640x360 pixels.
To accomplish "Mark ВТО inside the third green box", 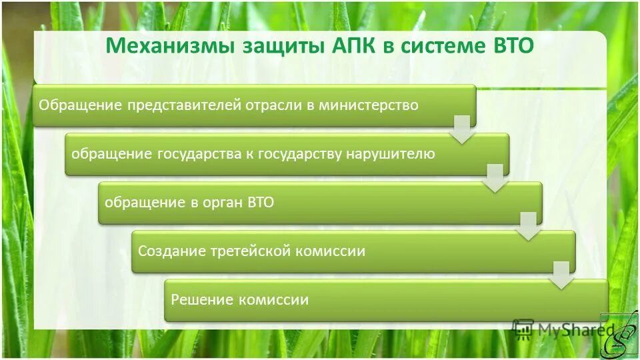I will [260, 203].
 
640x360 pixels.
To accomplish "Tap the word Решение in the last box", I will [198, 300].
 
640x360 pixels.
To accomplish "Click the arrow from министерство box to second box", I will [461, 129].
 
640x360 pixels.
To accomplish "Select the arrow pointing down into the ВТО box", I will [495, 177].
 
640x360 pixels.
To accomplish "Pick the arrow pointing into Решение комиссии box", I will [562, 275].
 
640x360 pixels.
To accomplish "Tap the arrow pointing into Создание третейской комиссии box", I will [528, 226].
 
